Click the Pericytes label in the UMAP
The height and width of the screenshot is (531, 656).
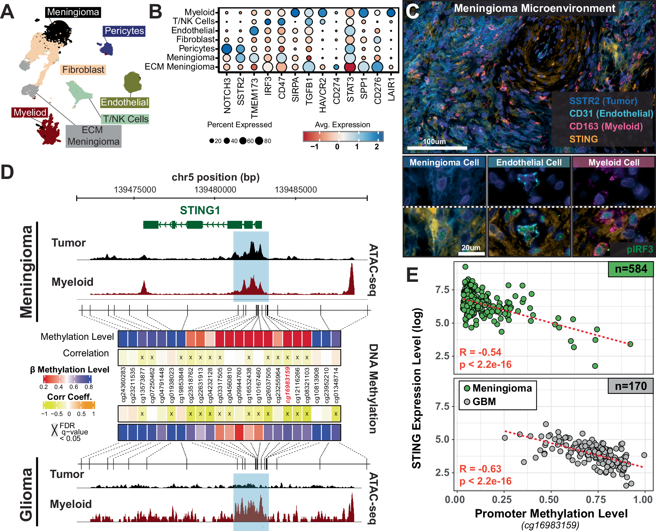[x=124, y=31]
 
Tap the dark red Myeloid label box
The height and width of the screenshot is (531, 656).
[x=30, y=113]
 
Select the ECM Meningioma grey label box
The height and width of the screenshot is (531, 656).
[x=93, y=136]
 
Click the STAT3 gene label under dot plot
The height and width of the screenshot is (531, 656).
[x=350, y=89]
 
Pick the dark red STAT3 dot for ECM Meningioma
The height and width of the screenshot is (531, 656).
[x=350, y=67]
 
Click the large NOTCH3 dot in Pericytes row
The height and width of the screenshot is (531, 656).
[x=227, y=49]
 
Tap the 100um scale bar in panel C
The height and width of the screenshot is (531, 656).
[x=437, y=148]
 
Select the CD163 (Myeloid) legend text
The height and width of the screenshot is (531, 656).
[x=606, y=127]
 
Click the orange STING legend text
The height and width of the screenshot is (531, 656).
[x=583, y=139]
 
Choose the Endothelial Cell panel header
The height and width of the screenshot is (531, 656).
[x=529, y=162]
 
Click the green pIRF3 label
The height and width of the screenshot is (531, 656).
[x=640, y=249]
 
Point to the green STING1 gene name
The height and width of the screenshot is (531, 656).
[x=200, y=210]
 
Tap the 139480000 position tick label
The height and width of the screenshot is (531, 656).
[x=215, y=190]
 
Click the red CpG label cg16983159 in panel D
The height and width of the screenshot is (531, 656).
[x=288, y=385]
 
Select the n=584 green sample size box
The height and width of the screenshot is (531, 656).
[x=631, y=269]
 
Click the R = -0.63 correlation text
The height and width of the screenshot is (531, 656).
[x=480, y=469]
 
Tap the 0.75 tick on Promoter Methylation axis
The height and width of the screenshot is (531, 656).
[x=596, y=500]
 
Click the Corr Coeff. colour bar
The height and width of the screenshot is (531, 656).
[x=69, y=405]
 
